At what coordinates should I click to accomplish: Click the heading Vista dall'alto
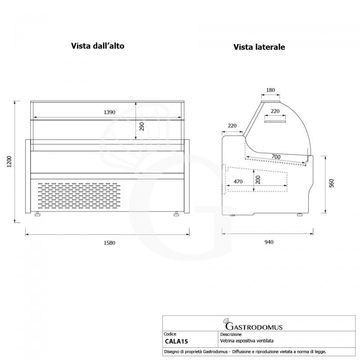point(97,46)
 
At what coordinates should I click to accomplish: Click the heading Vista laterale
point(259,47)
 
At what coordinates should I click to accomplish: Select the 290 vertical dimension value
point(142,126)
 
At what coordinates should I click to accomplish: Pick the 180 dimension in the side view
point(270,90)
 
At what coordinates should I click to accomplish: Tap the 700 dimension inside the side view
point(276,156)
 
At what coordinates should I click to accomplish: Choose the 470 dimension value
point(238,182)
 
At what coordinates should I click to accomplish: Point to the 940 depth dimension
point(269,242)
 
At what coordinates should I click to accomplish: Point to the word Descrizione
point(231,334)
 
